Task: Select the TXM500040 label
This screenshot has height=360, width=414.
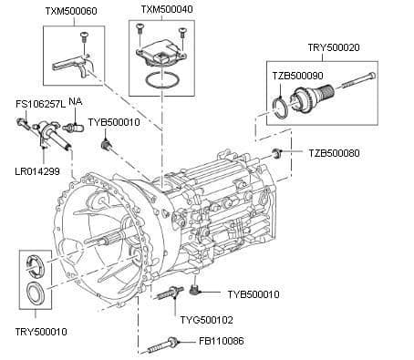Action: pos(166,10)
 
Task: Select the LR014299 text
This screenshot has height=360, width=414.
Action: pos(37,170)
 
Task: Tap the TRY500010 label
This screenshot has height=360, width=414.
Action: pos(41,332)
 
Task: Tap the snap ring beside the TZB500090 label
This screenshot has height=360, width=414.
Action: pos(285,112)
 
